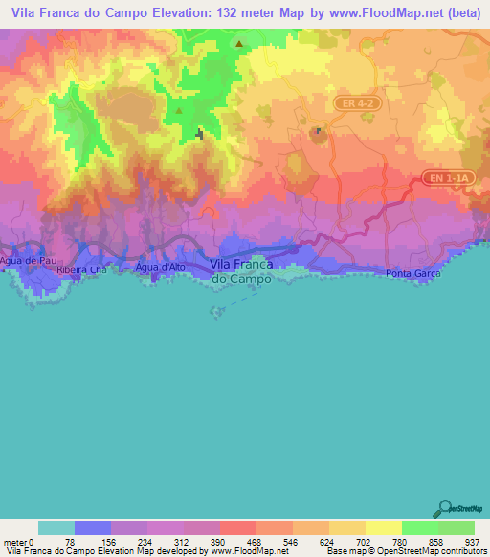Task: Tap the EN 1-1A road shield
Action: [447, 178]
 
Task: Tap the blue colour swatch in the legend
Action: [93, 528]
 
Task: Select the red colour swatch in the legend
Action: [238, 528]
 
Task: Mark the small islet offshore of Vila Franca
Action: [217, 311]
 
